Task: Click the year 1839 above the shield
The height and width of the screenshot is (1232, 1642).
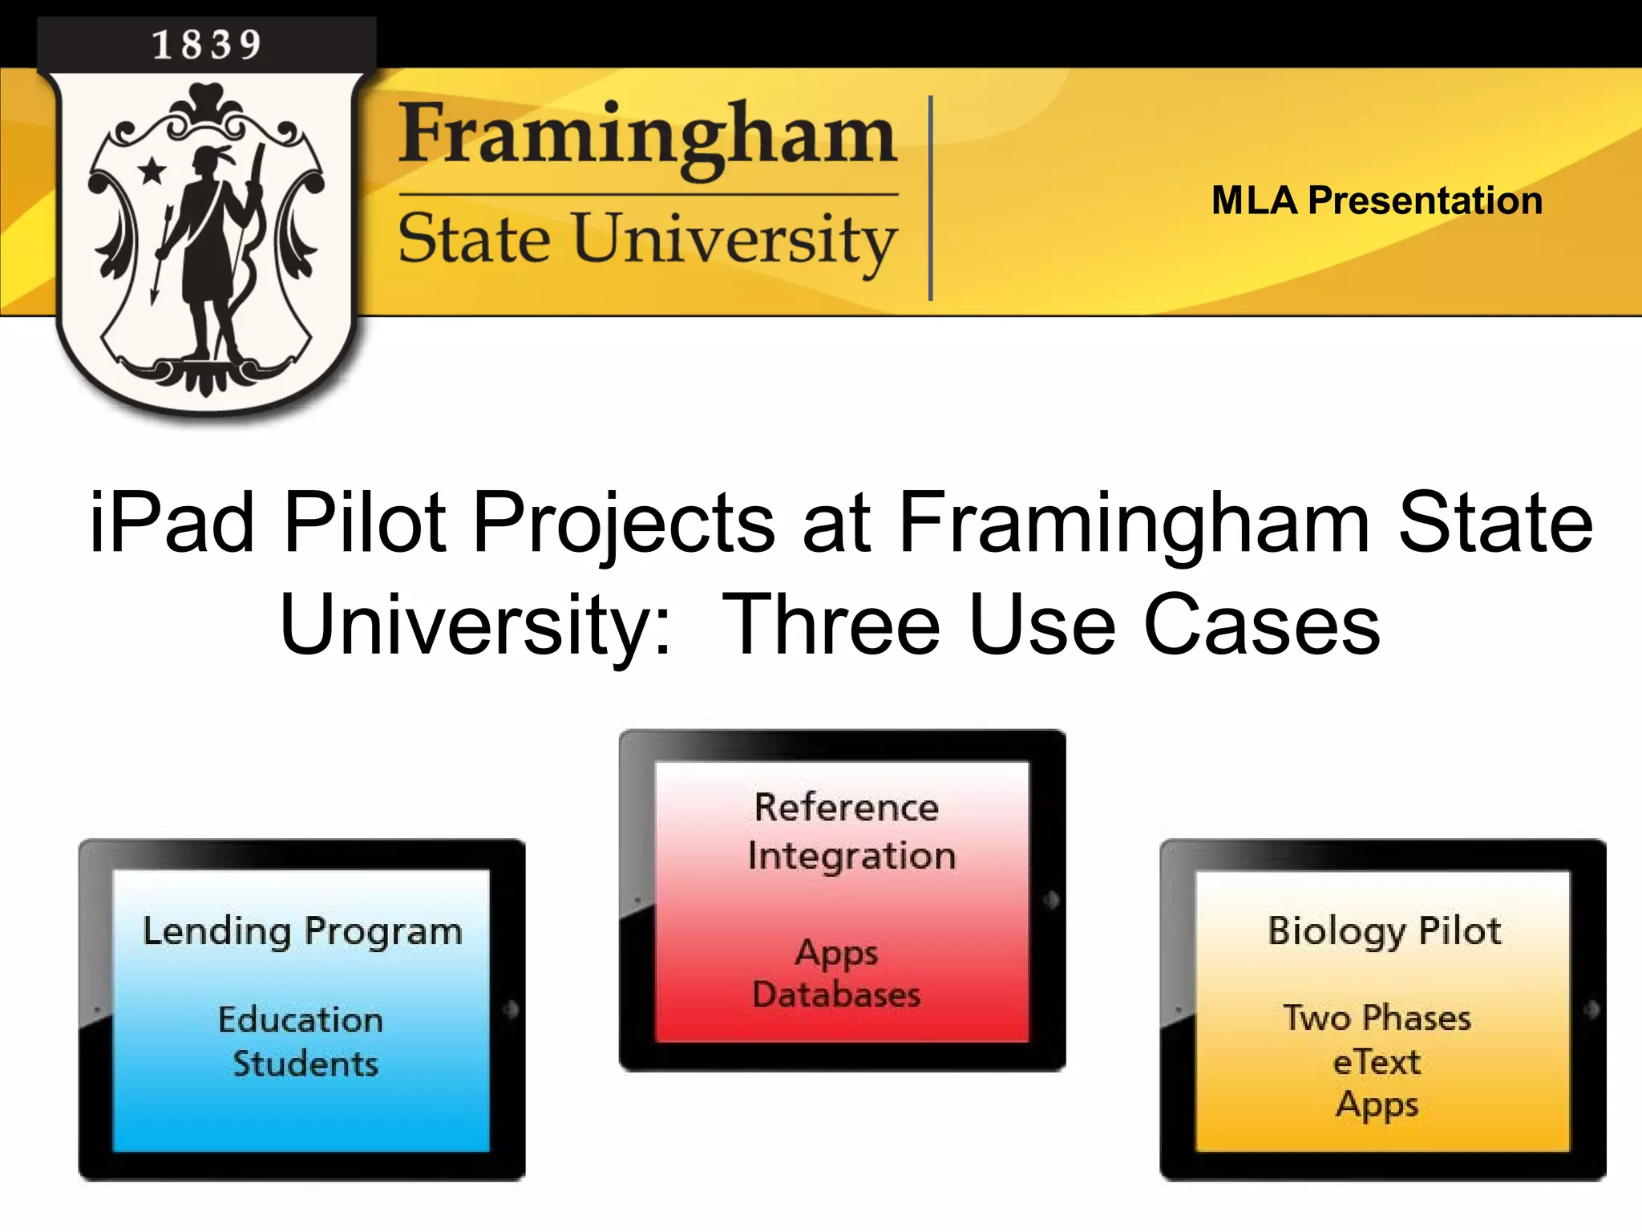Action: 207,44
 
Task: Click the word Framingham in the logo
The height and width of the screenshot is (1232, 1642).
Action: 647,136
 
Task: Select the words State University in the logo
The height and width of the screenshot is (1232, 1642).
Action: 647,239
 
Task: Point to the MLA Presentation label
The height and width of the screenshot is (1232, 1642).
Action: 1377,201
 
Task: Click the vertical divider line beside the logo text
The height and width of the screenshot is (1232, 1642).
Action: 930,198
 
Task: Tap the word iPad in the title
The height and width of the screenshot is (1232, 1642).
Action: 172,523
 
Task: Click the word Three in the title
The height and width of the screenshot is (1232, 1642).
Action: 831,625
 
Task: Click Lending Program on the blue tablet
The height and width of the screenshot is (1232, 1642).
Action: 302,932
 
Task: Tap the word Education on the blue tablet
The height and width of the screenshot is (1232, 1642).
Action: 301,1019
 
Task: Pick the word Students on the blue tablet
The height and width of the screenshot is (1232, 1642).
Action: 305,1064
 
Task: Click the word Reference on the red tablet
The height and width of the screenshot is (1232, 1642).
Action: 846,807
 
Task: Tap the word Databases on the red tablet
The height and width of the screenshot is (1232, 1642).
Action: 836,995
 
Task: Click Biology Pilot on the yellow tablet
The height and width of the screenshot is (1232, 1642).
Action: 1384,932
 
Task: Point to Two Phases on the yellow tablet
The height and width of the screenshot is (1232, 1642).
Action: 1377,1018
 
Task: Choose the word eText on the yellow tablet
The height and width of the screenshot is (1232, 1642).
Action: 1377,1062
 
